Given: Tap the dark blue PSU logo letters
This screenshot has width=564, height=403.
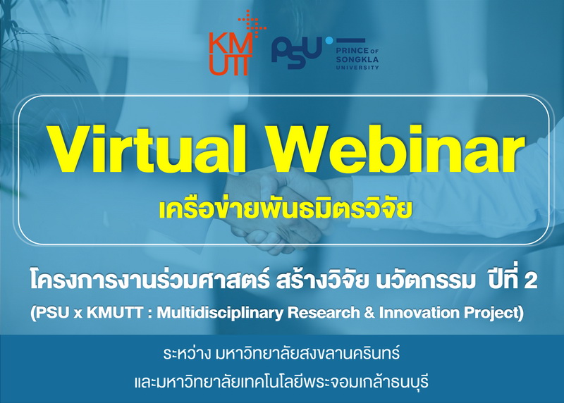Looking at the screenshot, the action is tap(297, 52).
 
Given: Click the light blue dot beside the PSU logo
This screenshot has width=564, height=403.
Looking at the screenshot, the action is tap(329, 41).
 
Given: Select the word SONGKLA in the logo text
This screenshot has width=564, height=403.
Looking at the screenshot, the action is tap(357, 59).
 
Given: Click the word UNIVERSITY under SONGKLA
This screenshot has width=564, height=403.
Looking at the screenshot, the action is tap(357, 67).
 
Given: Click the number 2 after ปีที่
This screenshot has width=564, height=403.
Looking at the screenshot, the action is tap(531, 281).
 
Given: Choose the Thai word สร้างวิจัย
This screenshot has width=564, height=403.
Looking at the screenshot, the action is tap(322, 280).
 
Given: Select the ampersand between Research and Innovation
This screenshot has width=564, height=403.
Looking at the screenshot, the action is tap(369, 312).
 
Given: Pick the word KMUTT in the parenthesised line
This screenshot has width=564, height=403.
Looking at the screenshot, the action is tap(115, 312).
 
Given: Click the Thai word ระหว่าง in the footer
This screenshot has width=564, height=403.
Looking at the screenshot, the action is tap(186, 354).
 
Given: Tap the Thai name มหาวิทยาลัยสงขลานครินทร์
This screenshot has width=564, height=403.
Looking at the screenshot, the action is tap(307, 354).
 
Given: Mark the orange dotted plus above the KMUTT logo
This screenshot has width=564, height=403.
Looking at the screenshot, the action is tap(252, 24).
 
